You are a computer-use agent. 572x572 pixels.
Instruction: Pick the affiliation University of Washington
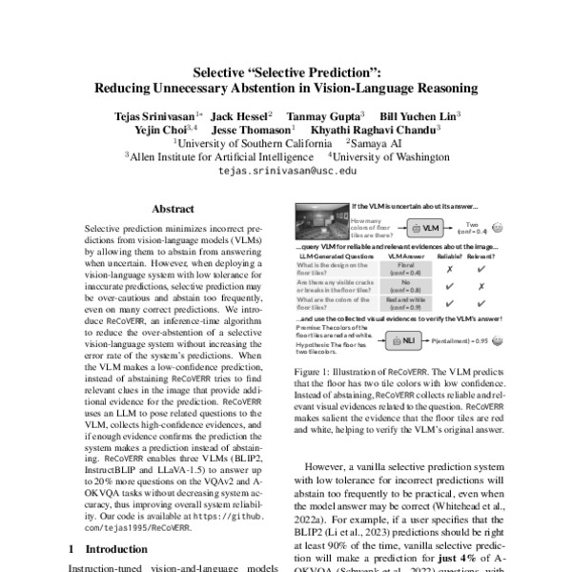point(381,154)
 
